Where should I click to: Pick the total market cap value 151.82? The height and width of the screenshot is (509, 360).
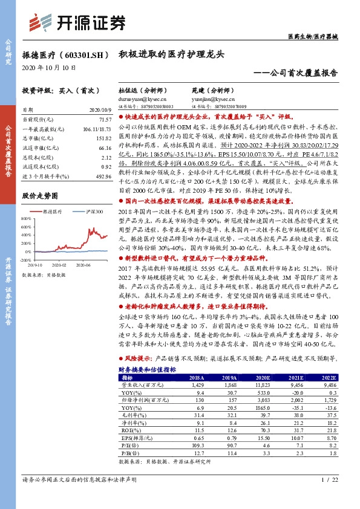click(104, 138)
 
